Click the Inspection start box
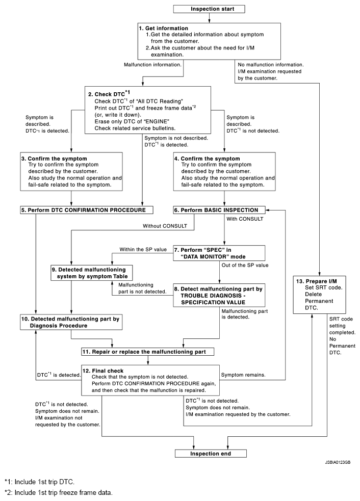pyautogui.click(x=210, y=9)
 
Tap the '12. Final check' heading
pyautogui.click(x=105, y=371)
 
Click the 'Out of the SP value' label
pyautogui.click(x=243, y=265)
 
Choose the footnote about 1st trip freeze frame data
pyautogui.click(x=60, y=492)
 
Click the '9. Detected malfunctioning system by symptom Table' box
pyautogui.click(x=92, y=273)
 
